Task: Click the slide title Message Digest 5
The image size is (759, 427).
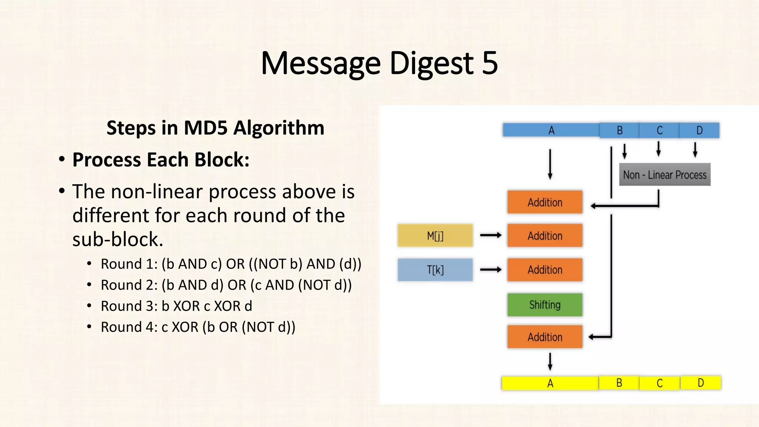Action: pyautogui.click(x=379, y=63)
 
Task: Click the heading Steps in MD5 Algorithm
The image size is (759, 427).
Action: pyautogui.click(x=215, y=128)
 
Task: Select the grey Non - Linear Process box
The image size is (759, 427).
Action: pyautogui.click(x=664, y=175)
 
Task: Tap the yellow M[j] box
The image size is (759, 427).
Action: pyautogui.click(x=435, y=235)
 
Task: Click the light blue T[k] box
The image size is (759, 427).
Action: pyautogui.click(x=435, y=270)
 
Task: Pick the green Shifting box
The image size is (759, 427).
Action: pyautogui.click(x=545, y=305)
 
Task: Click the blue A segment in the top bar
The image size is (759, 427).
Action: pyautogui.click(x=551, y=130)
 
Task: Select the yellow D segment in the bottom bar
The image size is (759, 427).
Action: pyautogui.click(x=700, y=383)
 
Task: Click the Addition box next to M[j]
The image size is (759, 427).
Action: pyautogui.click(x=545, y=235)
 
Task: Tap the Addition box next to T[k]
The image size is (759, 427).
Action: pyautogui.click(x=545, y=270)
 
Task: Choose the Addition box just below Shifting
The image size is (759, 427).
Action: pyautogui.click(x=545, y=337)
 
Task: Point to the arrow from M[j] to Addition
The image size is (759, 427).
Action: pyautogui.click(x=491, y=235)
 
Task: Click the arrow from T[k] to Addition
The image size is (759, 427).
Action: pyautogui.click(x=491, y=269)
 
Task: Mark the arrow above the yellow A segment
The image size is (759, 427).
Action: pyautogui.click(x=550, y=361)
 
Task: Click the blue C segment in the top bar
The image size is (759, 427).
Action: pyautogui.click(x=659, y=130)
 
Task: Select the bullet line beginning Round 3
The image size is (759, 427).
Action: pyautogui.click(x=176, y=306)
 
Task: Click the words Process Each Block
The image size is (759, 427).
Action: pyautogui.click(x=160, y=160)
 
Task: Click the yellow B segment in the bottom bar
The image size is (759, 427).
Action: pyautogui.click(x=619, y=383)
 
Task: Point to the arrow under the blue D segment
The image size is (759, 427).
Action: pyautogui.click(x=695, y=150)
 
